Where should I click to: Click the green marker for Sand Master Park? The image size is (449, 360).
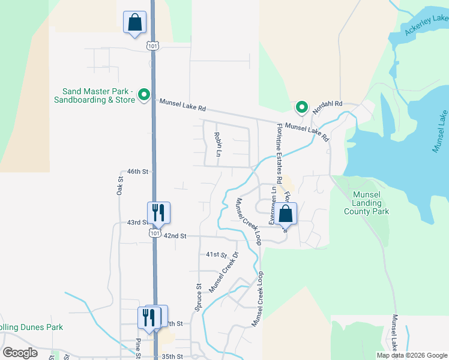(143, 95)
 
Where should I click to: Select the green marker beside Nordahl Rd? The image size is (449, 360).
(301, 107)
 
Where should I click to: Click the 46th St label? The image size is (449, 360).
(137, 171)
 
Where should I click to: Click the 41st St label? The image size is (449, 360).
(217, 255)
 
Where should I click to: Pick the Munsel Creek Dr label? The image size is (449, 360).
(224, 272)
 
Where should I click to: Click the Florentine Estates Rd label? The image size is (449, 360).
(279, 154)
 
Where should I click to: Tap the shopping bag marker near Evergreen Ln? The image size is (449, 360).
(286, 214)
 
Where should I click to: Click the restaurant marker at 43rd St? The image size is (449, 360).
(159, 212)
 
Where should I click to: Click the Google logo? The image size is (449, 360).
(20, 352)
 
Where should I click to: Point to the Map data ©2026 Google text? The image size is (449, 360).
(411, 355)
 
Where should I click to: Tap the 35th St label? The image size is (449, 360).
(172, 356)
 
